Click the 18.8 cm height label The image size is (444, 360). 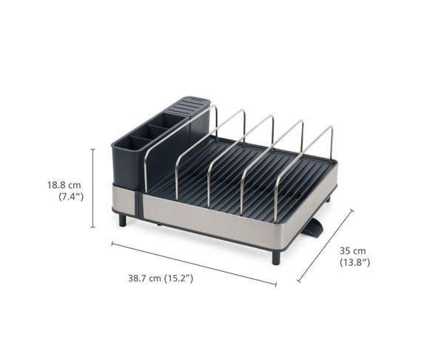pos(64,184)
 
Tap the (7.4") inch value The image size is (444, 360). pos(70,196)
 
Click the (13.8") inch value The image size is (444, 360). pos(354,263)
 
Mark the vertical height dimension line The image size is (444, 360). pos(92,188)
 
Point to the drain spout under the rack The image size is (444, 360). pos(313,227)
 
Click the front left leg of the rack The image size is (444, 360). pos(122,219)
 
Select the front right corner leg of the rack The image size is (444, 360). pos(276,257)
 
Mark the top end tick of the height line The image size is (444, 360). pos(92,149)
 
